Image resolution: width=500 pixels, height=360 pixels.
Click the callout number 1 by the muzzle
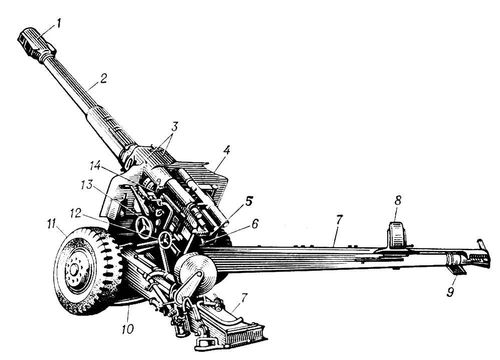pos(59,24)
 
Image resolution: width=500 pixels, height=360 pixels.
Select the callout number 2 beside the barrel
pos(103,79)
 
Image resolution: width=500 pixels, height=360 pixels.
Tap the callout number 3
pos(175,127)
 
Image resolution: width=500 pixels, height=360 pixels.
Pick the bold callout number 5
pos(249,201)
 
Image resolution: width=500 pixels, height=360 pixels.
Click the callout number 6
pos(255,224)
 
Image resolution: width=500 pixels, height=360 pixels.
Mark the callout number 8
pos(397,200)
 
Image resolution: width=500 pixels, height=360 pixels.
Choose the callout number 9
pos(450,292)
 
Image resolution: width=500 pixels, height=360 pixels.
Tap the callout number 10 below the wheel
pos(128,329)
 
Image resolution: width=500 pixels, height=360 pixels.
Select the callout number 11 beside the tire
pos(52,224)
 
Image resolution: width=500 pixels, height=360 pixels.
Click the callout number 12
pos(75,213)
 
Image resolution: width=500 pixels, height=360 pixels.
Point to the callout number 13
pos(87,185)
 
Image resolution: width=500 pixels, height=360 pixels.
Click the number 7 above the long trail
pos(339,220)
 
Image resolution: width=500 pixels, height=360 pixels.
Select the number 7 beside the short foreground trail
pos(244,298)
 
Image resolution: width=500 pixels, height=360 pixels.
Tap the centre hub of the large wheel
pos(74,268)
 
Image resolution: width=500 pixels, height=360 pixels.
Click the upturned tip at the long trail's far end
pos(480,243)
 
